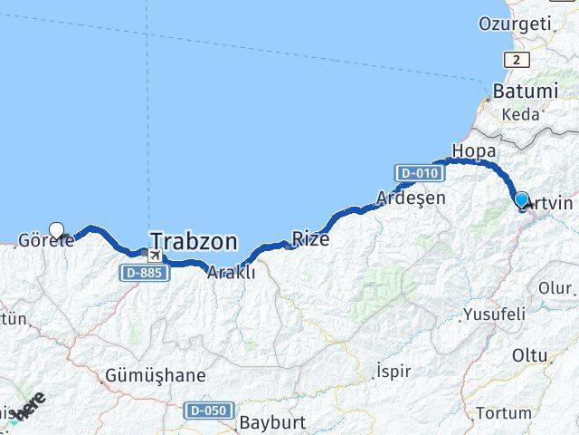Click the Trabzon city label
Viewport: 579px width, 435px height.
click(194, 241)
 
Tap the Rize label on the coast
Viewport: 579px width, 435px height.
click(310, 239)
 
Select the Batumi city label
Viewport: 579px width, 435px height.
click(524, 92)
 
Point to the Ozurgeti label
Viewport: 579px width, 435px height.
click(515, 24)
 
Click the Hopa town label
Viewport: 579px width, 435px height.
click(473, 150)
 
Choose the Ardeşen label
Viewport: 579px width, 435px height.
click(412, 196)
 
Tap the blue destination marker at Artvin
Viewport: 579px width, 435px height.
click(521, 200)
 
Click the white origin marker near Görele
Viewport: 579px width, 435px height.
click(58, 231)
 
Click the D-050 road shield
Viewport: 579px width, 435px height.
click(206, 411)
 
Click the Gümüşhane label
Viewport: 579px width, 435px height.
click(156, 374)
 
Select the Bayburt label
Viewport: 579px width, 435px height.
click(274, 422)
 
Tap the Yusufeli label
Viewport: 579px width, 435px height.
click(494, 314)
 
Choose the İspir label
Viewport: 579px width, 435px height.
click(394, 372)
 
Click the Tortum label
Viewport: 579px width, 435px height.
click(504, 413)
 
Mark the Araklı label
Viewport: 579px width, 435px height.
click(232, 273)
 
